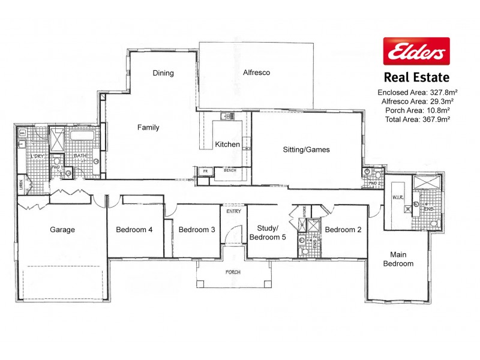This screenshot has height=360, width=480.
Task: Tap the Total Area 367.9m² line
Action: (x=413, y=119)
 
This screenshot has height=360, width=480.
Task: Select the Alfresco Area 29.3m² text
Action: (x=413, y=101)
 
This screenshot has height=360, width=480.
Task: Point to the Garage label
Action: (x=62, y=230)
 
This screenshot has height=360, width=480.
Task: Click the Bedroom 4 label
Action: (x=134, y=230)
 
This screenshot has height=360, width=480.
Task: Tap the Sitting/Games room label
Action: (x=306, y=149)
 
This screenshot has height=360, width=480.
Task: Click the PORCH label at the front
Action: (x=233, y=272)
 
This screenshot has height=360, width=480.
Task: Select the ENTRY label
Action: (x=233, y=211)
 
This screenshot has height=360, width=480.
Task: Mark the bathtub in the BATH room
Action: (x=81, y=136)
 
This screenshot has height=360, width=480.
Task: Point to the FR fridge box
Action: (x=205, y=172)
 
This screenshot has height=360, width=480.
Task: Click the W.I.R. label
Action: (x=397, y=197)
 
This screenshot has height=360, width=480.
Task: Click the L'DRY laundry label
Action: (x=36, y=157)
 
